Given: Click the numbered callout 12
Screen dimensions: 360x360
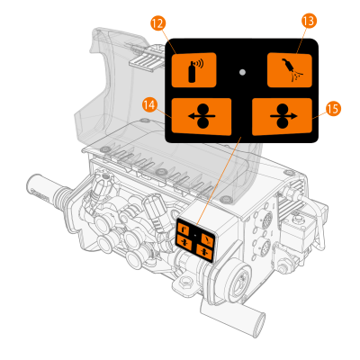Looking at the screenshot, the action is point(158,23).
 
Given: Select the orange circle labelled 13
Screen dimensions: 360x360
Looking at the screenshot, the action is point(309,21).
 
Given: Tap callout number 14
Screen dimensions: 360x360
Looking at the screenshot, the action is point(149,105).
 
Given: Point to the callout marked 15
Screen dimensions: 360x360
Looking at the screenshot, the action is point(333,109).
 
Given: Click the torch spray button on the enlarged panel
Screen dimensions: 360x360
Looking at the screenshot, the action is point(290,70).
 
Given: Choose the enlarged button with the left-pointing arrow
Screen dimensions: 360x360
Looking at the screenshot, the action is point(202,117).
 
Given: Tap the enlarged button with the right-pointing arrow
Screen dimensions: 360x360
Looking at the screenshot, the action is point(283,117).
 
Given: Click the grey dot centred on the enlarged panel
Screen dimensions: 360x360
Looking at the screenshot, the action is point(243,72).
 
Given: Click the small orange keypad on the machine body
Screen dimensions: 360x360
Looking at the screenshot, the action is point(195,240).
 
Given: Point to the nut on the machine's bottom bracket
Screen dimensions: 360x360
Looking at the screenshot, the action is point(185,281).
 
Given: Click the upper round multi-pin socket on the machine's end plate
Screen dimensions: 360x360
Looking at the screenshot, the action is point(266,220).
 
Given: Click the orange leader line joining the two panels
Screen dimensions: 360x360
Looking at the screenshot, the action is point(219,181).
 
